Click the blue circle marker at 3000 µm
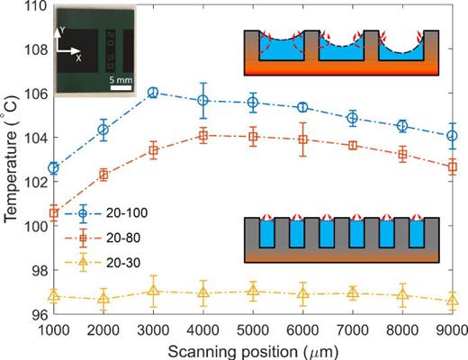pyautogui.click(x=153, y=93)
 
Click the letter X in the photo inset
pyautogui.click(x=79, y=57)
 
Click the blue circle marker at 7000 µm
pyautogui.click(x=353, y=118)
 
